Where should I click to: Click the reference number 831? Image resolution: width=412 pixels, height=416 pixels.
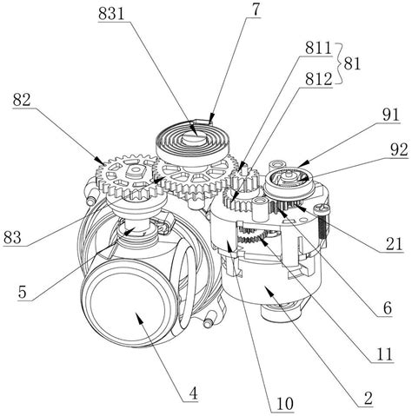coord(111,13)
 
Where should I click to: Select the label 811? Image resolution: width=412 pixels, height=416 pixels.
coord(318,49)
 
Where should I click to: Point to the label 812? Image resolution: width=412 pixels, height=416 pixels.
coord(318,79)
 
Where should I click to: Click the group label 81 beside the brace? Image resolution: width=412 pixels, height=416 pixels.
coord(352,63)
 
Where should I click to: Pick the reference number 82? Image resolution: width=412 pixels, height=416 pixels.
coord(22,101)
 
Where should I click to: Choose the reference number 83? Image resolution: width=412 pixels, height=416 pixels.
coord(12,237)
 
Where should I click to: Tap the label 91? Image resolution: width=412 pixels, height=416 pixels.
coord(390,116)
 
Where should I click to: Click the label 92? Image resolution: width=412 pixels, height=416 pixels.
coord(399,150)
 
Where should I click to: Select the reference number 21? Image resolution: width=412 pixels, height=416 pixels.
coord(395,244)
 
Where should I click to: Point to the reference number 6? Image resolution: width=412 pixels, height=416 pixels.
coord(388,308)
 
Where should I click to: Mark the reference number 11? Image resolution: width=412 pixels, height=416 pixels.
coord(384,353)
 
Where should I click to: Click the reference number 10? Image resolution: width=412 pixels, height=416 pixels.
coord(285,404)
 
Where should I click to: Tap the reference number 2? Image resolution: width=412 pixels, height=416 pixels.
coord(369,399)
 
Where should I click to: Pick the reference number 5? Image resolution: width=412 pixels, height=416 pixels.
coord(23,293)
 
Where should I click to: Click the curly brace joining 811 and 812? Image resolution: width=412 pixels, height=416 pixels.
coord(339,63)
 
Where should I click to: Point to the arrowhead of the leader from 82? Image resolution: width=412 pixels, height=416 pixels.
coord(99,161)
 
